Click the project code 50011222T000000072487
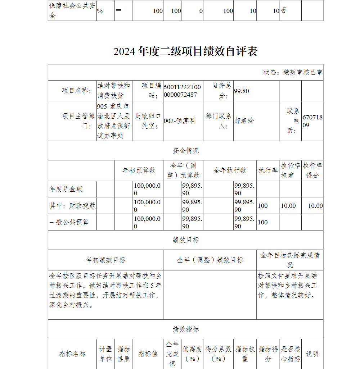(182, 91)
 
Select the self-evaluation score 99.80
(242, 91)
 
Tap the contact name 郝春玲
(244, 121)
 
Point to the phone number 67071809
(312, 121)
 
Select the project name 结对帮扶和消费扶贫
(114, 91)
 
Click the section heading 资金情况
(185, 150)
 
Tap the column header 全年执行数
(230, 170)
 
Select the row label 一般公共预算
(69, 222)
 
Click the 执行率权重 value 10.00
(288, 206)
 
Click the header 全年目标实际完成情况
(290, 260)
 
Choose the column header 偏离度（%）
(192, 354)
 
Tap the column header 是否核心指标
(290, 354)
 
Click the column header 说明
(312, 354)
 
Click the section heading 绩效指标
(185, 329)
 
